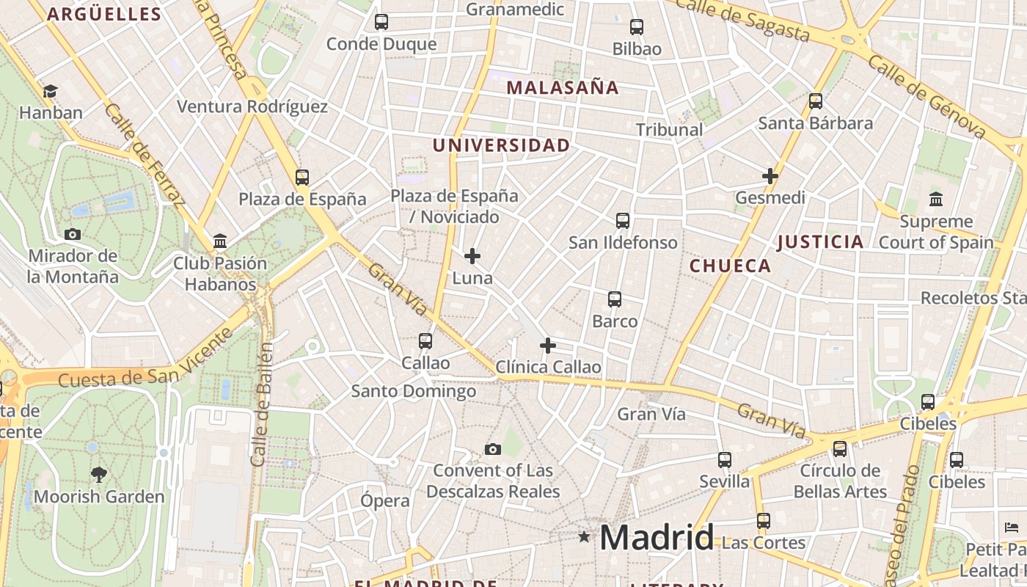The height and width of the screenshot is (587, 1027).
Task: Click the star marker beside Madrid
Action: [x=584, y=536]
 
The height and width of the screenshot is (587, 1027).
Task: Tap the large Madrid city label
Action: [x=657, y=538]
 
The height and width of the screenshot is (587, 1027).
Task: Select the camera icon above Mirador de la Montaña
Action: [x=73, y=235]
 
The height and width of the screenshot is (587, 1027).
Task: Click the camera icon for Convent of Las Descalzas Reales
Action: [x=493, y=449]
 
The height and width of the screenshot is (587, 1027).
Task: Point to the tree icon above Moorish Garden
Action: [x=98, y=475]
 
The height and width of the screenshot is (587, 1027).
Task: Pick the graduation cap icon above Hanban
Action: [x=50, y=92]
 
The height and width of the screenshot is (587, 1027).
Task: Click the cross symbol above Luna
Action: [x=472, y=256]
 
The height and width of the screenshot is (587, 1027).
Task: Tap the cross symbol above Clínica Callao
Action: [x=547, y=346]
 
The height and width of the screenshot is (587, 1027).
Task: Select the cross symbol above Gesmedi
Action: [x=770, y=176]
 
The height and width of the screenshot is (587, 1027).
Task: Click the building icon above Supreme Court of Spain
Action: [x=935, y=200]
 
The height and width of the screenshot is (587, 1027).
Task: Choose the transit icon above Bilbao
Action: [x=637, y=27]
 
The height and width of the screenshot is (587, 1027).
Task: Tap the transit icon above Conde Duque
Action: [x=381, y=22]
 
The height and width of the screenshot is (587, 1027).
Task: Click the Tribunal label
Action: [x=669, y=130]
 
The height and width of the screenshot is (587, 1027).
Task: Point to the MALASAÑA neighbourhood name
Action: [x=563, y=88]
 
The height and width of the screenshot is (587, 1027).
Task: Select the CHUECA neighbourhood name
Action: [x=730, y=266]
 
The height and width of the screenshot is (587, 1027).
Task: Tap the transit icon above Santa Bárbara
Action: [x=815, y=101]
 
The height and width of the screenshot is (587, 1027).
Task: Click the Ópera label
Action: [x=384, y=501]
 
